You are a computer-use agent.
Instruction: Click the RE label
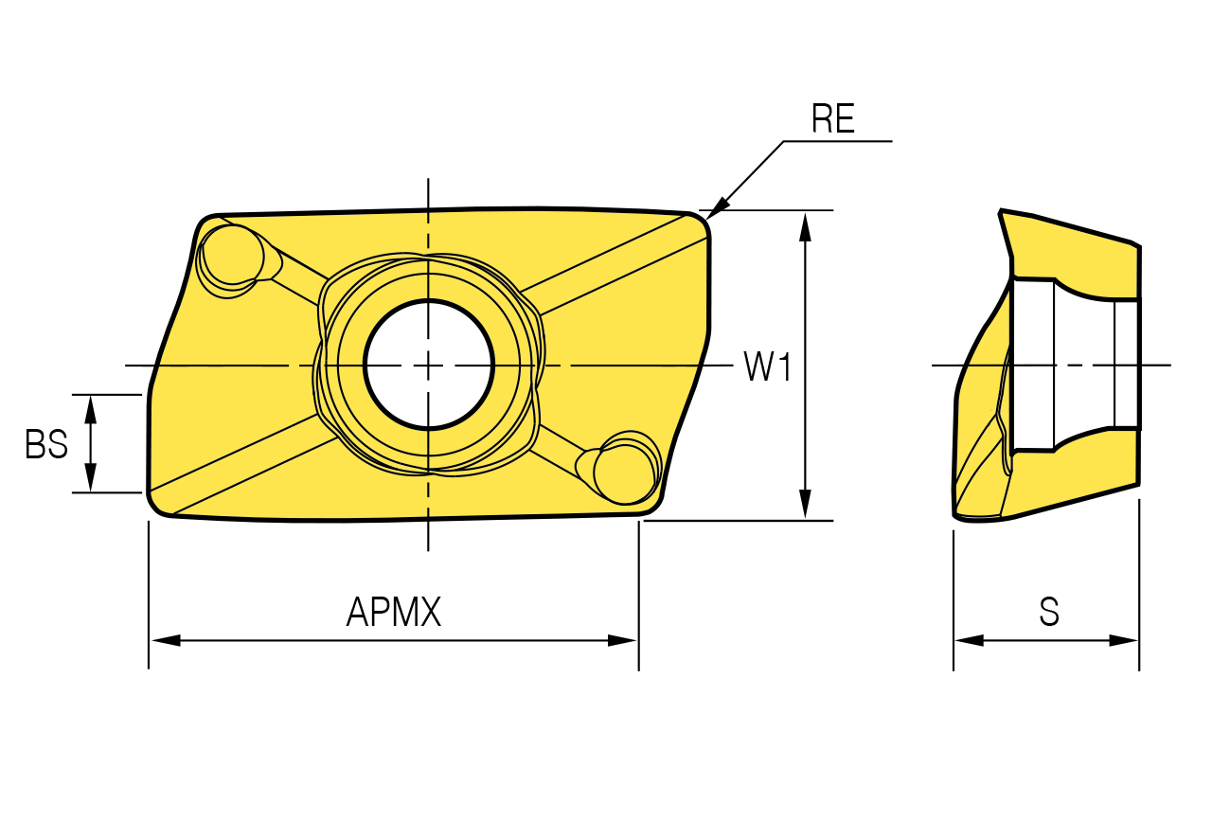(833, 118)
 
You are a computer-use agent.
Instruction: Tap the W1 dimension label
(768, 366)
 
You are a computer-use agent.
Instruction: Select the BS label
(46, 444)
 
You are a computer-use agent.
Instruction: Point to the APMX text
(394, 612)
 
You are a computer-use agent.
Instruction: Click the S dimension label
(1049, 612)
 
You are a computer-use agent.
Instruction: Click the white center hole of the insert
(429, 365)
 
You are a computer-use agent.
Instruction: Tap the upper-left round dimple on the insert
(233, 256)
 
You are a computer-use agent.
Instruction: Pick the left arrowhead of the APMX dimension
(166, 640)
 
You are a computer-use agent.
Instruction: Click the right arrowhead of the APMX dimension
(622, 640)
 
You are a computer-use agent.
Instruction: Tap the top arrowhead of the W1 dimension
(805, 227)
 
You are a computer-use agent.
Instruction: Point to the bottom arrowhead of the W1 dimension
(805, 504)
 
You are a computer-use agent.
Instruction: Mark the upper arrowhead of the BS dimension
(91, 410)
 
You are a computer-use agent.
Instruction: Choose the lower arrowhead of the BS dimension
(91, 477)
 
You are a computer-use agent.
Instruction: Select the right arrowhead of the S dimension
(1123, 640)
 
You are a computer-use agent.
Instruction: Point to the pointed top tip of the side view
(1001, 210)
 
